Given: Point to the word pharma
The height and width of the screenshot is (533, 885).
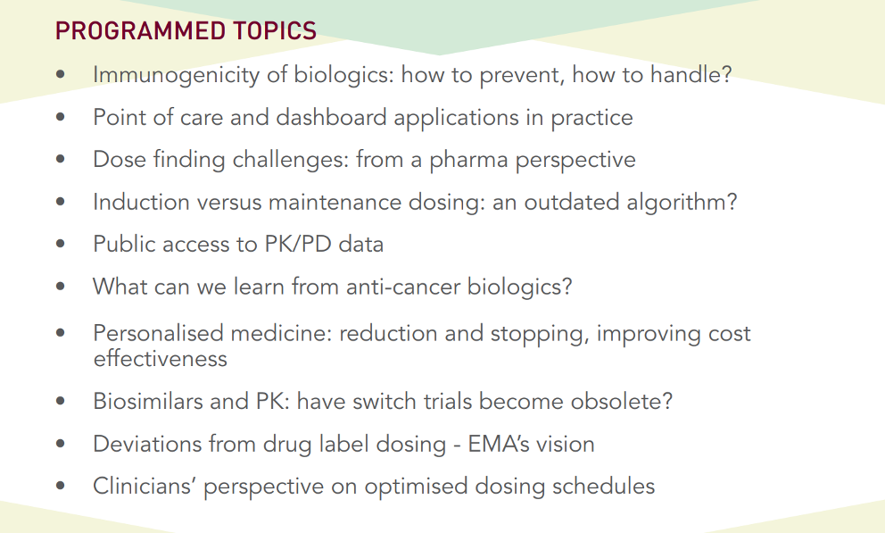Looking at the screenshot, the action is [468, 161].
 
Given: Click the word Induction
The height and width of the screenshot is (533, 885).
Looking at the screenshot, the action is [141, 202].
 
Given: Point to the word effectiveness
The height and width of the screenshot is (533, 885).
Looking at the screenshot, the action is [161, 359].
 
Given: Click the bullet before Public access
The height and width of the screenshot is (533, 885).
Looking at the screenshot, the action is [61, 244].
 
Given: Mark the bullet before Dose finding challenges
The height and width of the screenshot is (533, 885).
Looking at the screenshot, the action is [61, 159].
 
